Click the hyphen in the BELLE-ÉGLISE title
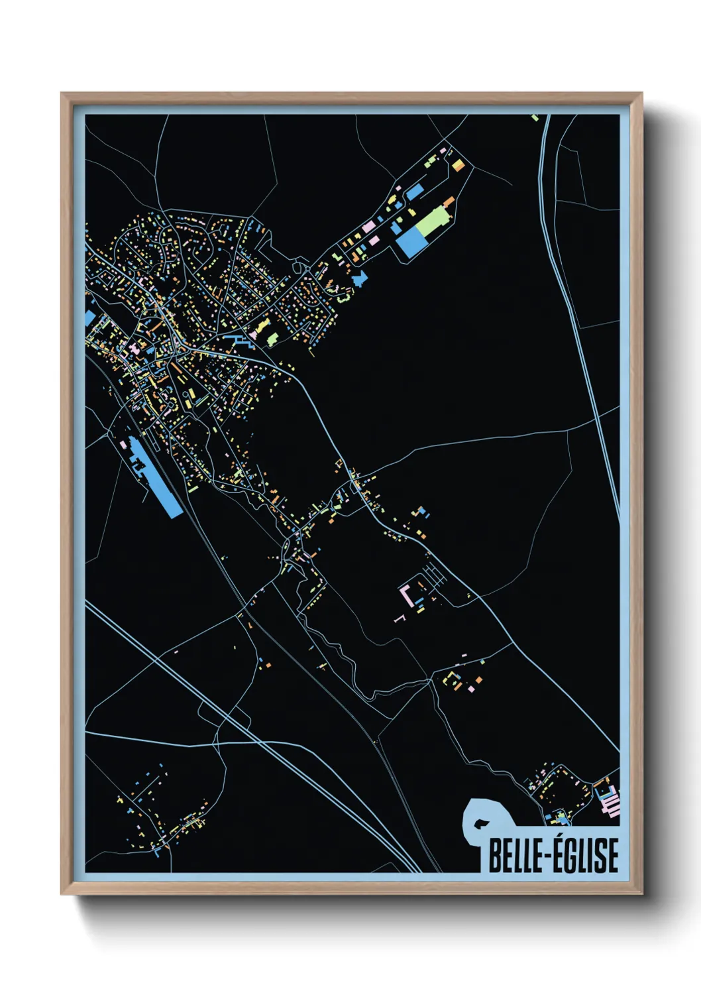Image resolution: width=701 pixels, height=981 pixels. [x=549, y=856]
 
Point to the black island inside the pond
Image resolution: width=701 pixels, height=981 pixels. [x=478, y=824]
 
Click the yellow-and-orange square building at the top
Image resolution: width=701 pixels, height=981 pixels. [x=457, y=164]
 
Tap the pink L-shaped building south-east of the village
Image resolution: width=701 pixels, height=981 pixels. [x=405, y=592]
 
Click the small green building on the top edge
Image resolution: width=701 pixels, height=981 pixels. [x=535, y=118]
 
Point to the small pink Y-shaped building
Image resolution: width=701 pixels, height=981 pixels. [x=399, y=618]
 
